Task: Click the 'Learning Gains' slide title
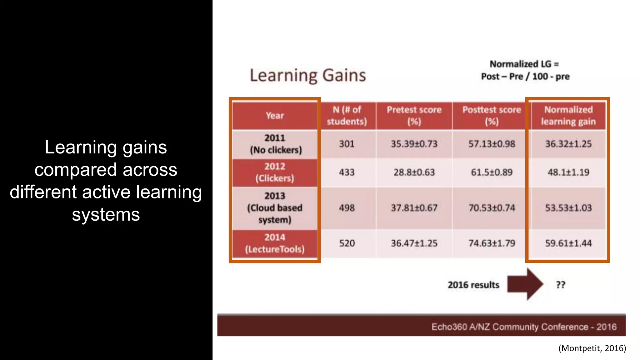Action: tap(308, 76)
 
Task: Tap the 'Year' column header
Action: tap(275, 116)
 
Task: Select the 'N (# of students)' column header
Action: tap(347, 116)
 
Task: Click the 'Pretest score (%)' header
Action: tap(414, 116)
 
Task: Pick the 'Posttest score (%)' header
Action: tap(492, 116)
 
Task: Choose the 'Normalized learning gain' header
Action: tap(568, 116)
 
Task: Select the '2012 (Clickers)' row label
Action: tap(275, 172)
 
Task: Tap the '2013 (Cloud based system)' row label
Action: tap(275, 208)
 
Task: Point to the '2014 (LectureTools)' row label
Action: tap(275, 243)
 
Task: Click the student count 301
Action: tap(347, 144)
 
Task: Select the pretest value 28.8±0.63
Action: tap(414, 172)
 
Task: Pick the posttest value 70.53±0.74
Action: tap(492, 208)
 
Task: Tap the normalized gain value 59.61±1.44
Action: tap(568, 243)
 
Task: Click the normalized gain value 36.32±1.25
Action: tap(568, 144)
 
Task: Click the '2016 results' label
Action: tap(473, 285)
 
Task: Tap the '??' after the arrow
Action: tap(561, 285)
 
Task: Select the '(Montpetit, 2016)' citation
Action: tap(592, 348)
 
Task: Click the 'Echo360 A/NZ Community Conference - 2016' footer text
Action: tap(524, 327)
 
